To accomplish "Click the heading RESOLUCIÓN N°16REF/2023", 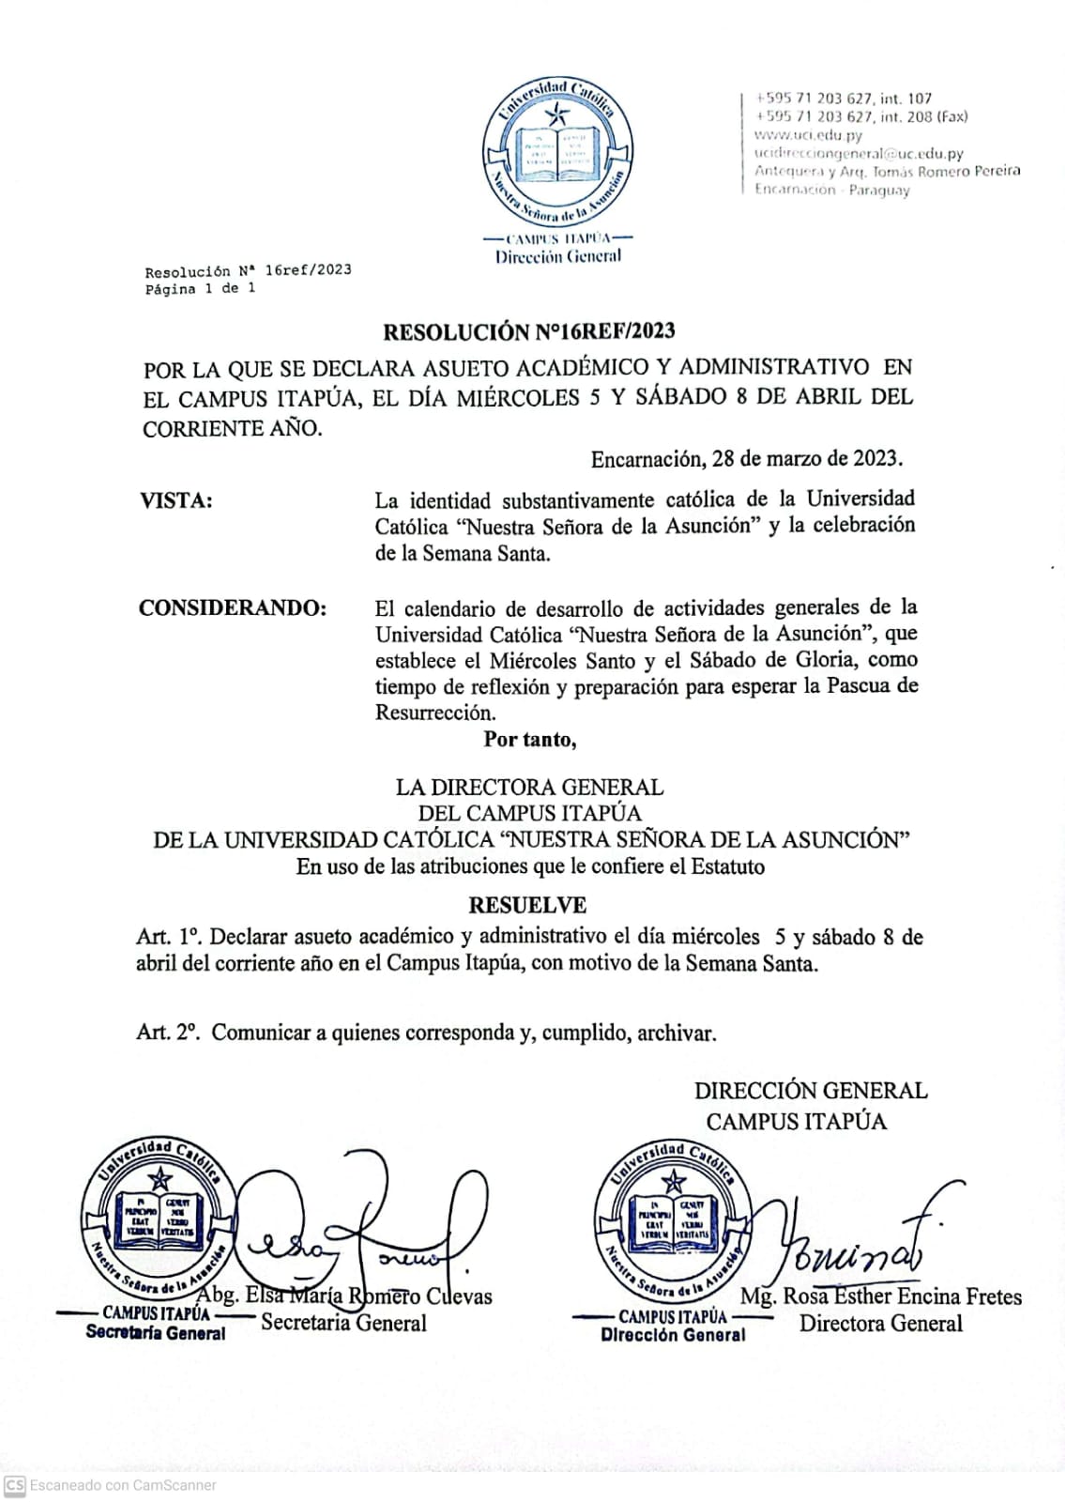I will pyautogui.click(x=528, y=331).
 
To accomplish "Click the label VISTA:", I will pyautogui.click(x=176, y=500).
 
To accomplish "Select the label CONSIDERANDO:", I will pyautogui.click(x=233, y=608).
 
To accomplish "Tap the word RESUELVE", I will pyautogui.click(x=527, y=905).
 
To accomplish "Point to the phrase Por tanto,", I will pyautogui.click(x=530, y=740).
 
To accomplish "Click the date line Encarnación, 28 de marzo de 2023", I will pyautogui.click(x=746, y=459).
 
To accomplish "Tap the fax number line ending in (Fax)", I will pyautogui.click(x=860, y=116).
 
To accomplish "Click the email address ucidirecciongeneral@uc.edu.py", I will pyautogui.click(x=859, y=153).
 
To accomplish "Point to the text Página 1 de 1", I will pyautogui.click(x=200, y=289).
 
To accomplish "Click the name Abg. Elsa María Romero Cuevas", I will pyautogui.click(x=345, y=1296).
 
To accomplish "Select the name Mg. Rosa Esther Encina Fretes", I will pyautogui.click(x=880, y=1296).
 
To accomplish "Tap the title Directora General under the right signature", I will pyautogui.click(x=880, y=1324).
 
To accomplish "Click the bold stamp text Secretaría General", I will pyautogui.click(x=156, y=1332).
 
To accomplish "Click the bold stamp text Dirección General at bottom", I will pyautogui.click(x=673, y=1334).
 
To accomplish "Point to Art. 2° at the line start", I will pyautogui.click(x=167, y=1033).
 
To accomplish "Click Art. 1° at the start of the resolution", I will pyautogui.click(x=168, y=937).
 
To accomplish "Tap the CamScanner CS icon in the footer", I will pyautogui.click(x=14, y=1485).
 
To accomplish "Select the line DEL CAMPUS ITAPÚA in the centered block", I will pyautogui.click(x=529, y=813).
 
